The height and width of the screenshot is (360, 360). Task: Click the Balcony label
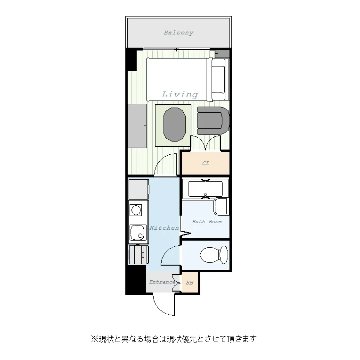179,33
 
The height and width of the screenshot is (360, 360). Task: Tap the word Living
180,94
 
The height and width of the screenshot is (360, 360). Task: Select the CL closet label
206,163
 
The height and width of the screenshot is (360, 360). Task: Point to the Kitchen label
164,228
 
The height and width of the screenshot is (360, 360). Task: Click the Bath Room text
207,222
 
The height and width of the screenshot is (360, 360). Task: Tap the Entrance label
162,282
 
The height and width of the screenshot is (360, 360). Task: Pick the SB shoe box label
189,283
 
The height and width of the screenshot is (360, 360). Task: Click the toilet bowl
214,255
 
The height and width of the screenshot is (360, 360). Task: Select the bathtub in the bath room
205,189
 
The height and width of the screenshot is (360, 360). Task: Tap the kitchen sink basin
138,233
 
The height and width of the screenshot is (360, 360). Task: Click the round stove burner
136,210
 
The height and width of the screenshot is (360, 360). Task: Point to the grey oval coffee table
174,125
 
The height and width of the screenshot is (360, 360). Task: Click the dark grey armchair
213,120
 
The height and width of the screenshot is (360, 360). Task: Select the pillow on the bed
218,80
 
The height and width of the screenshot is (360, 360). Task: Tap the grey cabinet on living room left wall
137,126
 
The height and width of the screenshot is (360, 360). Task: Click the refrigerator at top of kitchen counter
139,189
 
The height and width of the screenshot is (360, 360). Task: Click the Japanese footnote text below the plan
173,339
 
